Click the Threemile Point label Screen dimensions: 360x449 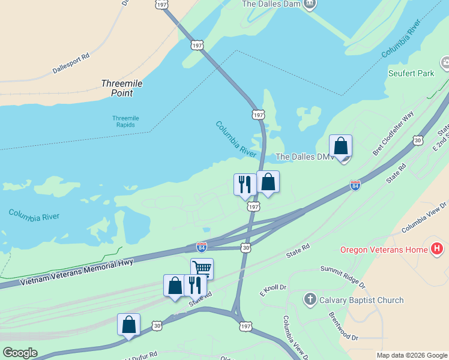tap(122, 88)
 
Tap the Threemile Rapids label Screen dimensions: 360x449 tap(125, 122)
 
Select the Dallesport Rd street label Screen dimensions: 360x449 tap(71, 63)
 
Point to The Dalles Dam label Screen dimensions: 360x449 tap(270, 4)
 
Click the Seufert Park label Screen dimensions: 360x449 tap(411, 74)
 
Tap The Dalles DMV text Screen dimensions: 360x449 tap(304, 157)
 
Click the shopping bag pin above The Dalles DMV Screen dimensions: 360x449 tap(340, 146)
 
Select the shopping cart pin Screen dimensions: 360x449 tap(202, 268)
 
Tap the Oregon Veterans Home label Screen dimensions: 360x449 tap(384, 250)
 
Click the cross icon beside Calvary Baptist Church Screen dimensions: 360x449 tap(310, 300)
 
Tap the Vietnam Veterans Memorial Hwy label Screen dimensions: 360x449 tap(76, 274)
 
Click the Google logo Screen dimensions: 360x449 tap(20, 353)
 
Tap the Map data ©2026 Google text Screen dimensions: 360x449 tap(411, 355)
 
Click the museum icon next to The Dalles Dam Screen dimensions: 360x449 tap(309, 4)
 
